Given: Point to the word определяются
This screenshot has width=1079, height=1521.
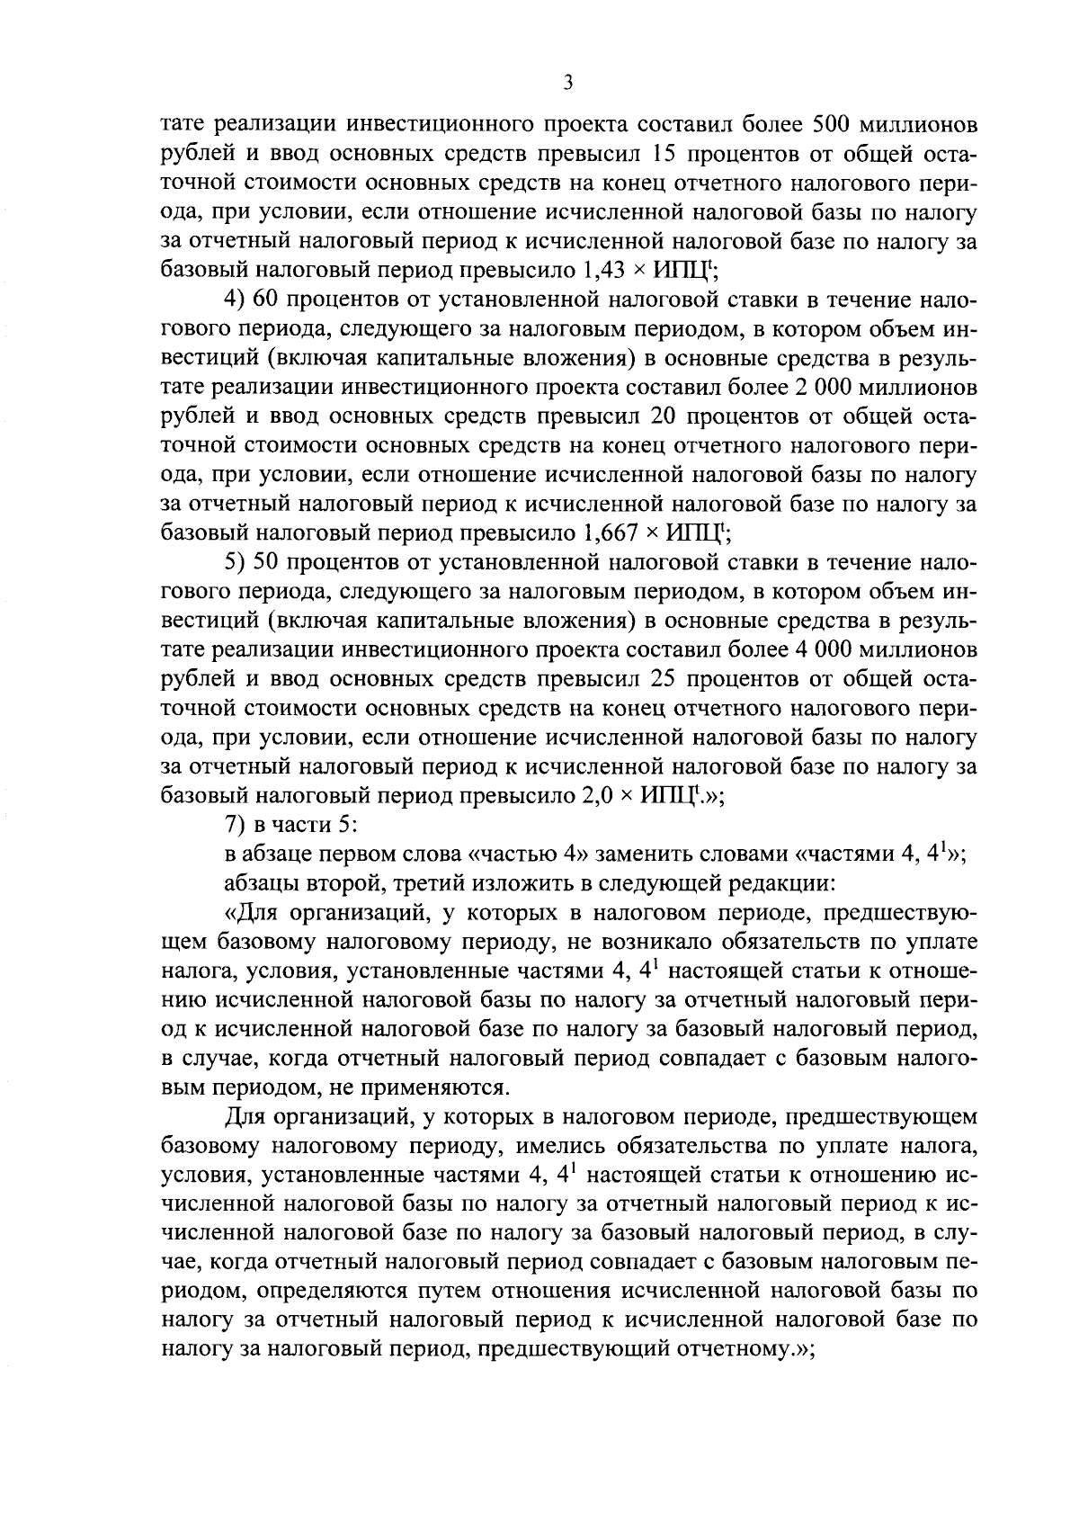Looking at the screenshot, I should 329,1292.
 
